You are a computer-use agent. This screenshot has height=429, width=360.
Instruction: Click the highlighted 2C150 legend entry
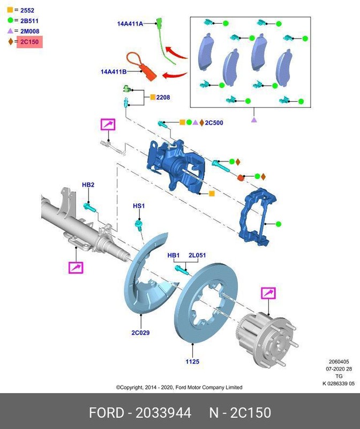tap(29, 42)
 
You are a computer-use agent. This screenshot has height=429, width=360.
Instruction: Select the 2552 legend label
tap(27, 10)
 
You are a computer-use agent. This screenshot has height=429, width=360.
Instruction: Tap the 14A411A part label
tap(130, 24)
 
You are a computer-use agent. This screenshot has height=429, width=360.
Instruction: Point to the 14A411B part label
tap(114, 71)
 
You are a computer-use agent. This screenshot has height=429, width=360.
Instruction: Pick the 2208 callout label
tap(163, 97)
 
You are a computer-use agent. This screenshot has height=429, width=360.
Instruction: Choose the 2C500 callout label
tap(214, 123)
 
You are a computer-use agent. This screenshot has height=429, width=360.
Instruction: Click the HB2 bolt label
tap(88, 185)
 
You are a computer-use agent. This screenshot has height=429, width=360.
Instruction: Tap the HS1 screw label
tap(139, 206)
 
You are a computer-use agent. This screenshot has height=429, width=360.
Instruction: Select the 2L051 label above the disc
tap(197, 255)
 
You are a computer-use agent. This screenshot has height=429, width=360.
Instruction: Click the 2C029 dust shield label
tap(140, 332)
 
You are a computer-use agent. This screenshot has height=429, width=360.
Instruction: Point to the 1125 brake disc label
tap(192, 361)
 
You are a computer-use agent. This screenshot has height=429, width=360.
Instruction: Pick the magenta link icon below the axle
tap(76, 267)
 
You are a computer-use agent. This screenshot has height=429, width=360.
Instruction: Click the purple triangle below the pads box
tap(254, 120)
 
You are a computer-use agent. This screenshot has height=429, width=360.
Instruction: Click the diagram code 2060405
tap(339, 361)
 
